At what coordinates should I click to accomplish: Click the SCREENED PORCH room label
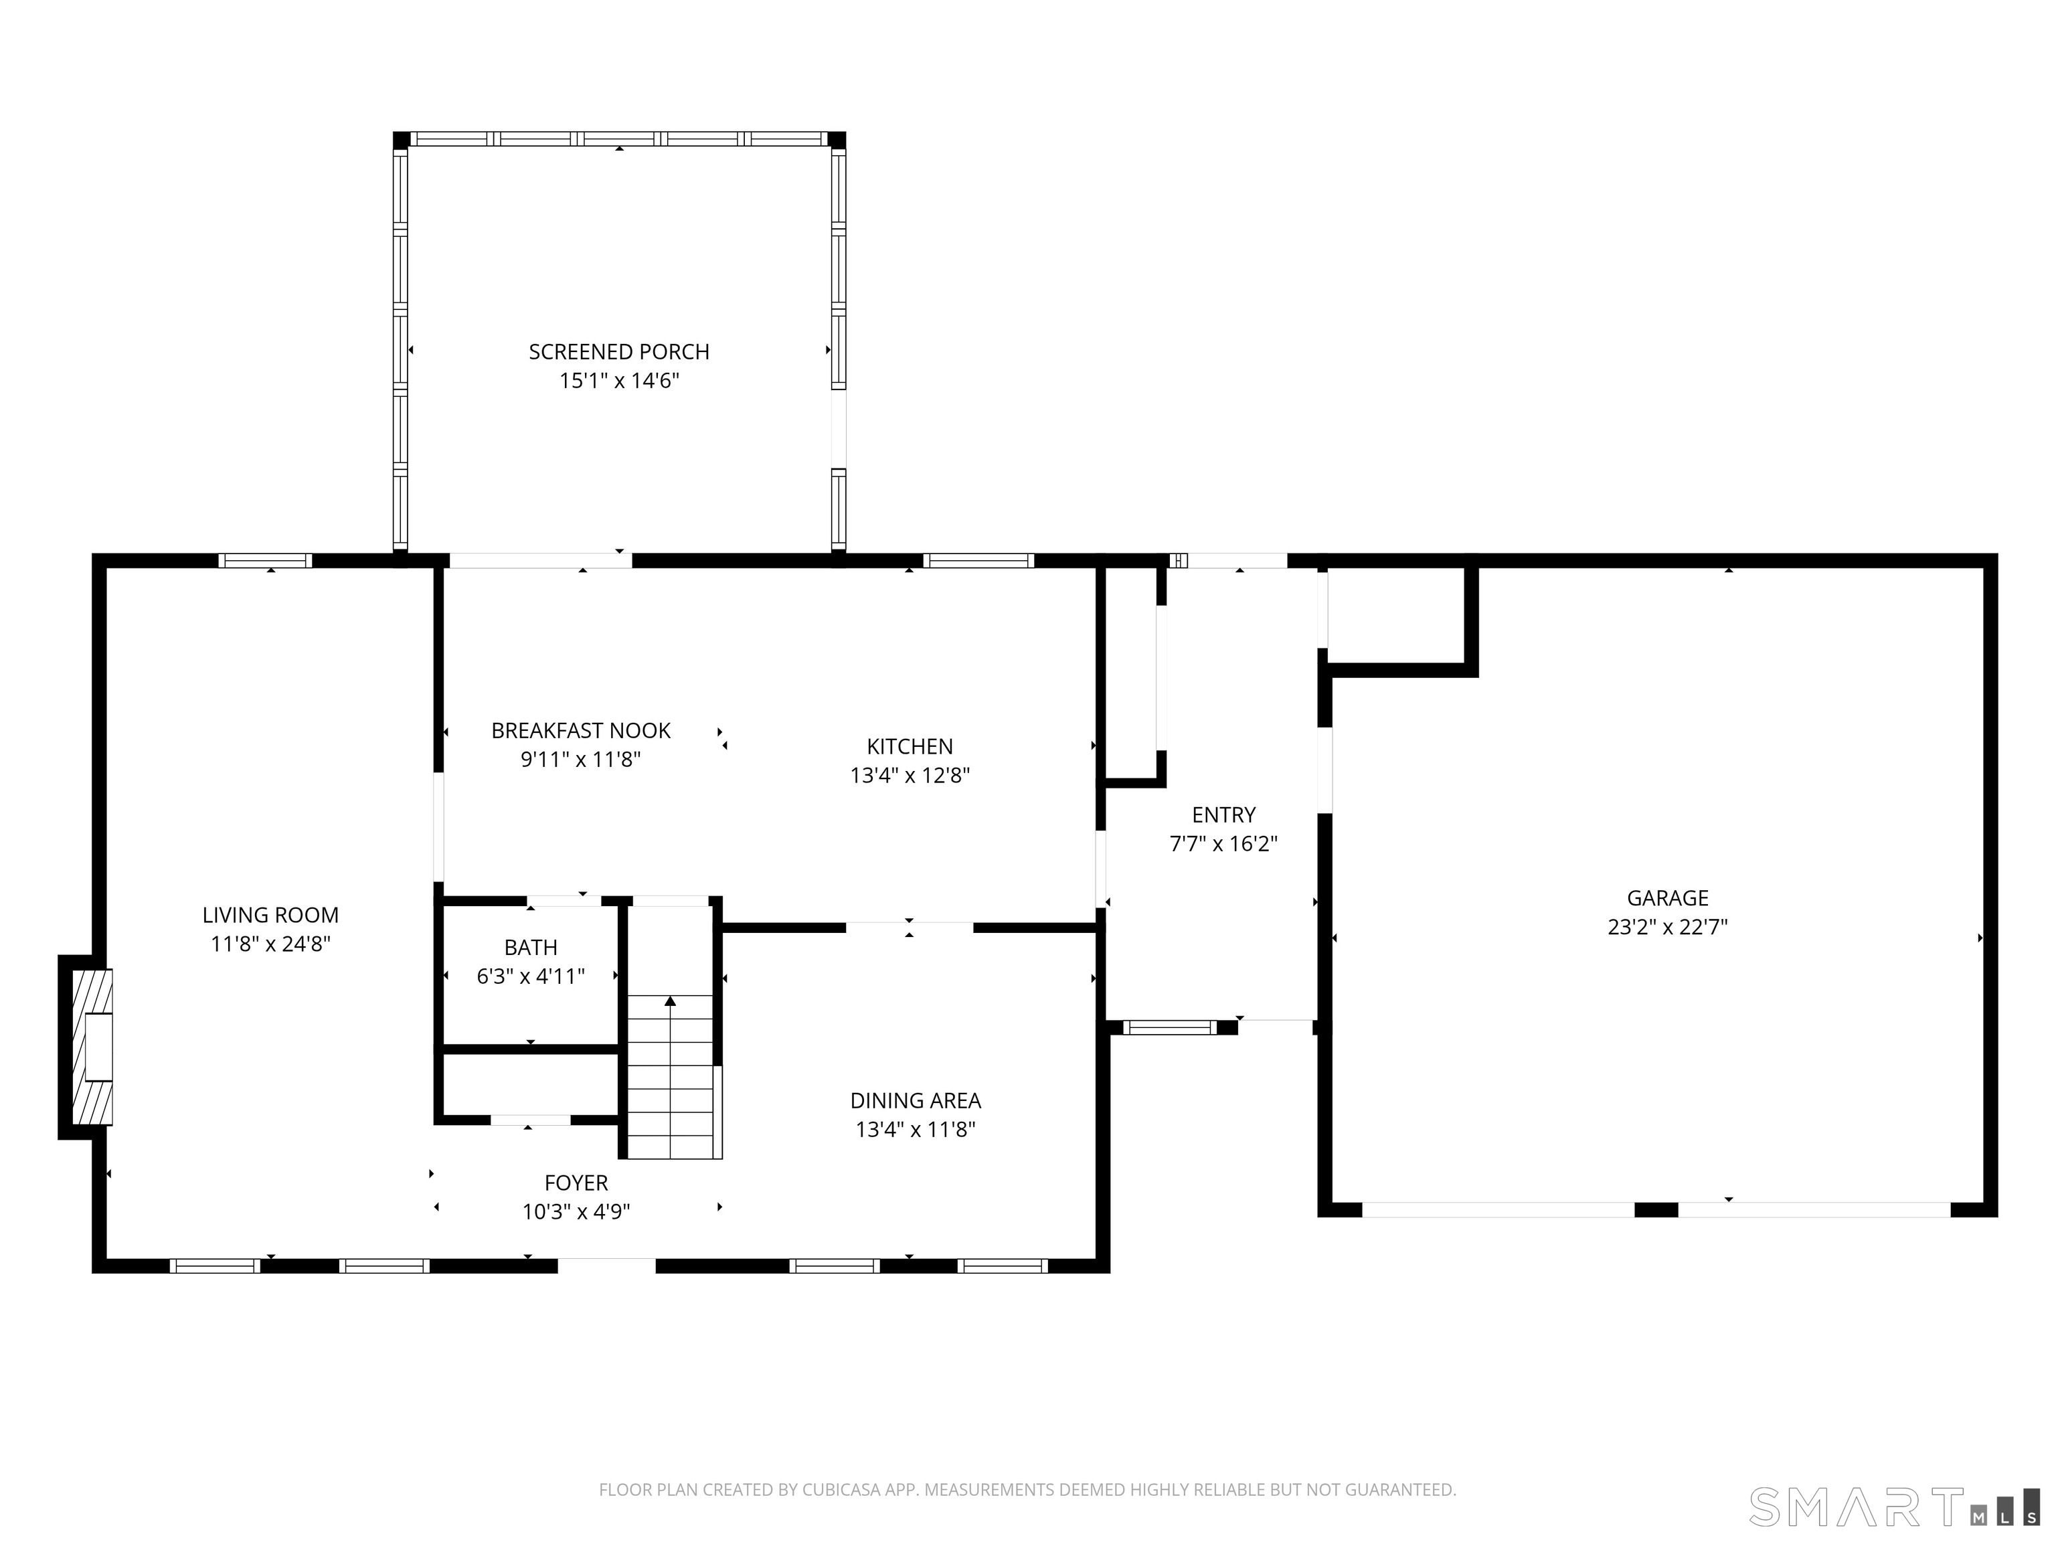[x=619, y=352]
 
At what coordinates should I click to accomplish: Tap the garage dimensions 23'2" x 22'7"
[x=1667, y=927]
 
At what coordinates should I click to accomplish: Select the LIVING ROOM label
[x=270, y=915]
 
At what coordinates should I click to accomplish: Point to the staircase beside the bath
[x=669, y=1078]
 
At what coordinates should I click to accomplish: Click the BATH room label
[x=531, y=947]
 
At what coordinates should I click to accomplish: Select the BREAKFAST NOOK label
[x=581, y=731]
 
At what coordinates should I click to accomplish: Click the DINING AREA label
[x=916, y=1100]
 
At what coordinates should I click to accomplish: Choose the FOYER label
[x=576, y=1183]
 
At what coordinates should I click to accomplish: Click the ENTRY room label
[x=1223, y=815]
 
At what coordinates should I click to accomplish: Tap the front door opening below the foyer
[x=606, y=1265]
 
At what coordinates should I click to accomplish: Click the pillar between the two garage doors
[x=1655, y=1209]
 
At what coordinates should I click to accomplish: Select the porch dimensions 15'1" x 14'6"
[x=619, y=381]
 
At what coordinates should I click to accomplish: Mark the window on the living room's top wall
[x=265, y=560]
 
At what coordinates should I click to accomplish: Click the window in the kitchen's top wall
[x=978, y=560]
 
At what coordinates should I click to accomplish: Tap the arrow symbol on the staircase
[x=670, y=1002]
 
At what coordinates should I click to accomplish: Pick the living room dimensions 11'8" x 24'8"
[x=270, y=944]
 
